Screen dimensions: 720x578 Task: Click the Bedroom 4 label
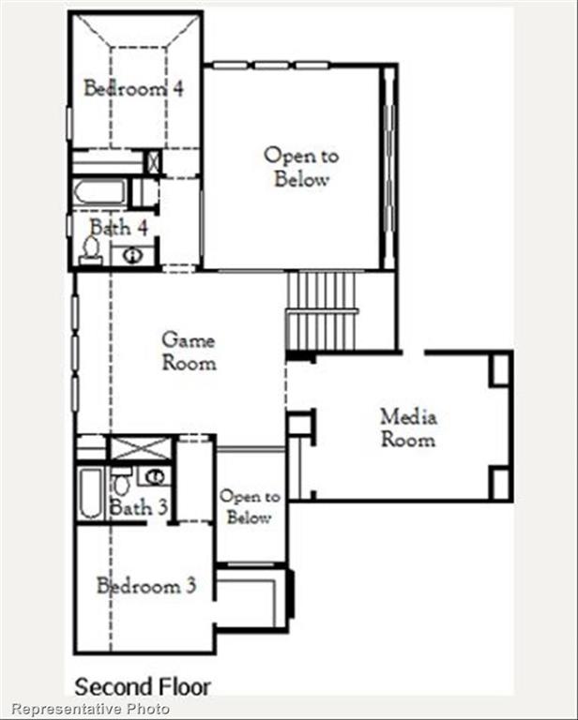pyautogui.click(x=133, y=89)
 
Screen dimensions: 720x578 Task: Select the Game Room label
pyautogui.click(x=189, y=351)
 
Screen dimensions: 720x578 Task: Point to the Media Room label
pyautogui.click(x=408, y=427)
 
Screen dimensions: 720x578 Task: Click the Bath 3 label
pyautogui.click(x=138, y=508)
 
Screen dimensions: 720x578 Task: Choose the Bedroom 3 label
pyautogui.click(x=146, y=587)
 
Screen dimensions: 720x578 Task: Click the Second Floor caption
pyautogui.click(x=143, y=686)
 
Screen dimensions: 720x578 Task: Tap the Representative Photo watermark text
pyautogui.click(x=91, y=709)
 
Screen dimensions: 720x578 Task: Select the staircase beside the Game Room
pyautogui.click(x=322, y=310)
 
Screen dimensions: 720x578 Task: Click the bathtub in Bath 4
pyautogui.click(x=99, y=192)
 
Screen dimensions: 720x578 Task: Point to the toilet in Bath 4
pyautogui.click(x=91, y=247)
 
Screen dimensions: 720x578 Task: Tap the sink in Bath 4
pyautogui.click(x=133, y=254)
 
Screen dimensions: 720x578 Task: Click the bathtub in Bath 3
pyautogui.click(x=90, y=493)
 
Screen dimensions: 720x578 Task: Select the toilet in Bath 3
pyautogui.click(x=121, y=484)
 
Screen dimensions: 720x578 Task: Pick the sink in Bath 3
pyautogui.click(x=155, y=476)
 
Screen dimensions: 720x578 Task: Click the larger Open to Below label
pyautogui.click(x=300, y=167)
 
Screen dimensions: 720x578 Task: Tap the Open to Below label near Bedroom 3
pyautogui.click(x=250, y=506)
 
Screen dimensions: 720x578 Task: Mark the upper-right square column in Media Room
pyautogui.click(x=500, y=369)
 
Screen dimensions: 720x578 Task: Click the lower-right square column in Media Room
pyautogui.click(x=500, y=483)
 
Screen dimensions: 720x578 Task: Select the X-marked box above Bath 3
pyautogui.click(x=141, y=447)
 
